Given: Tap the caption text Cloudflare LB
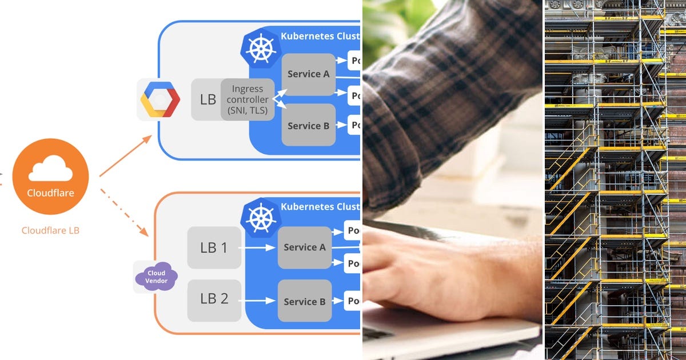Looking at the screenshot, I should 50,231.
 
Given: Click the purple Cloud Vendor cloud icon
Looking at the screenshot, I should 156,277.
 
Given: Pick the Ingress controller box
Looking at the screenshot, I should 248,99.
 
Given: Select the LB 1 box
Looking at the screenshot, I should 214,247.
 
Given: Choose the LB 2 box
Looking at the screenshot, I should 214,299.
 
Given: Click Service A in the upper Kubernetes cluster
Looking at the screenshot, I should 308,74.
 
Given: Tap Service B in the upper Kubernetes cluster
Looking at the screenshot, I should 308,125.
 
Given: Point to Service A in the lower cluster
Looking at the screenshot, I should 304,247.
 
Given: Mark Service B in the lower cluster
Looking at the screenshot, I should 304,301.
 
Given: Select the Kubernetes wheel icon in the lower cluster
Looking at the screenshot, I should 261,218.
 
